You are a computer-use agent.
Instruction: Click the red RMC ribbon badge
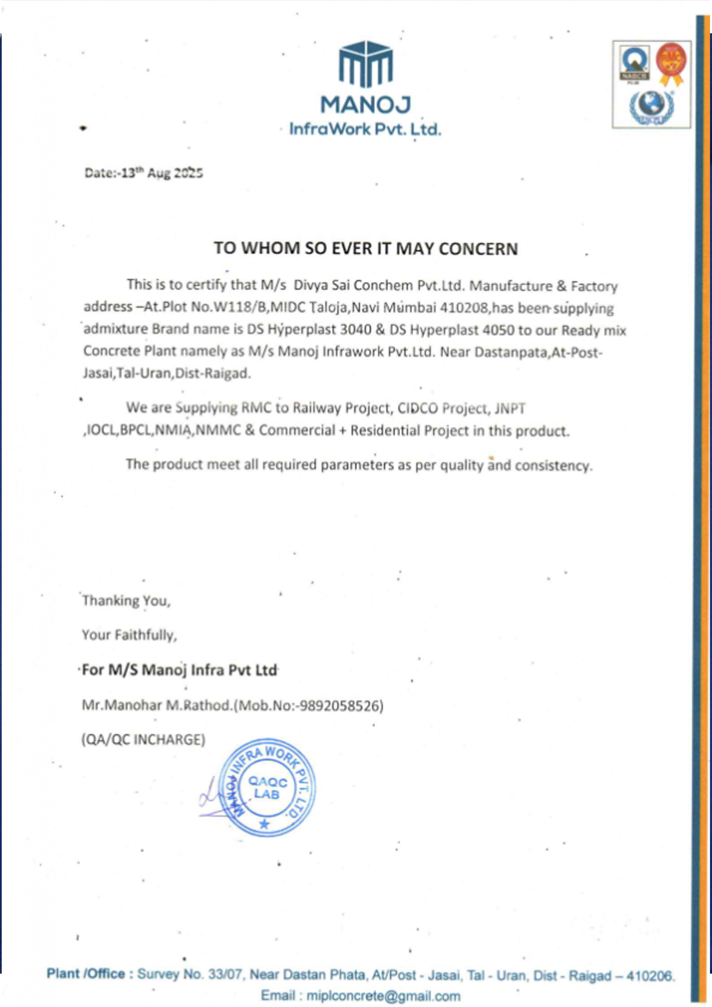pos(671,64)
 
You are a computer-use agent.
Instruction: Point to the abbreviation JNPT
pos(510,408)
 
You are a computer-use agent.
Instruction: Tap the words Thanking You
pos(126,600)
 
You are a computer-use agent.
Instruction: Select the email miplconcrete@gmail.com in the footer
pos(383,996)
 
